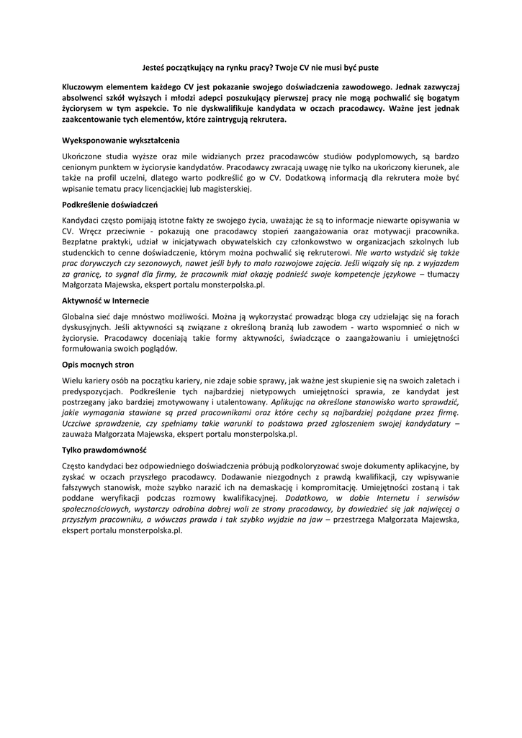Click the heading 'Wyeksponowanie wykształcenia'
(121, 140)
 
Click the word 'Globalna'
(80, 317)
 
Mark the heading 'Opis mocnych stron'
(98, 365)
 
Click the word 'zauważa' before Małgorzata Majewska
(80, 435)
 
